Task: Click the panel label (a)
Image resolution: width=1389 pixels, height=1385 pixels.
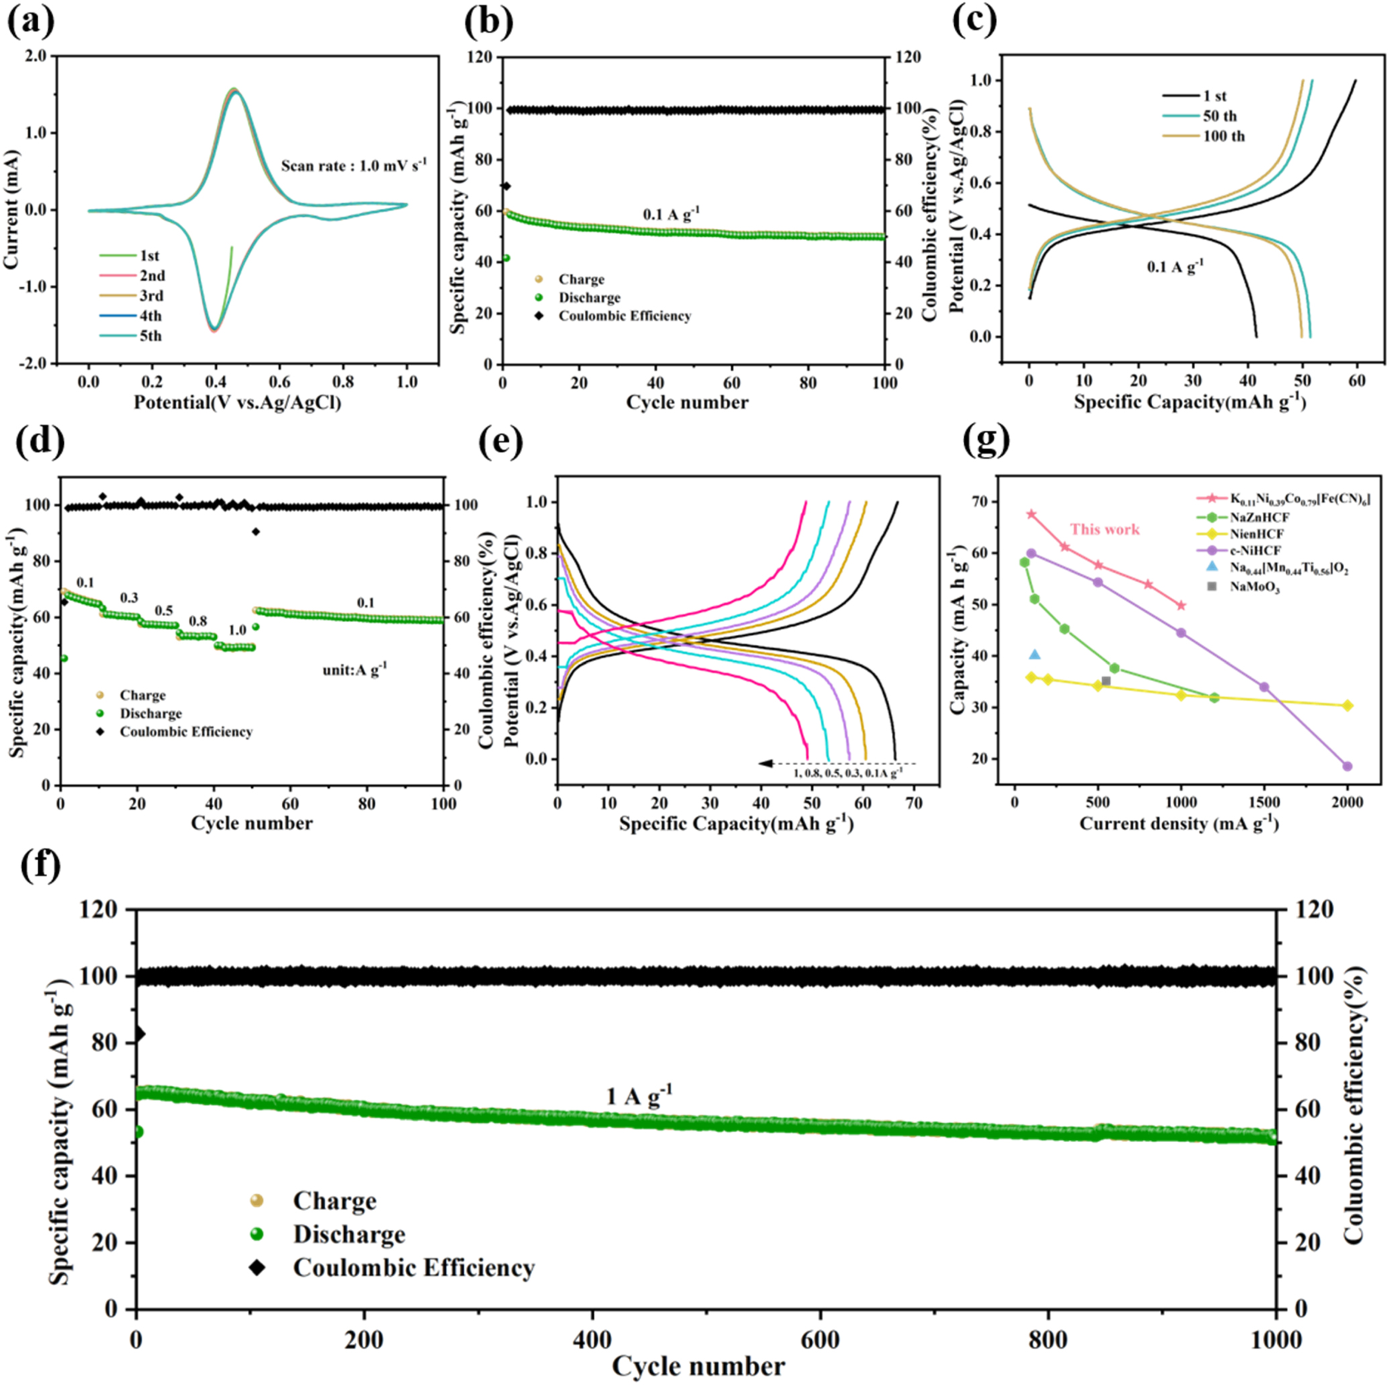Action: coord(30,22)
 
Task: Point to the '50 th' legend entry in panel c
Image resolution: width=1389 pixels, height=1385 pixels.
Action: coord(1219,116)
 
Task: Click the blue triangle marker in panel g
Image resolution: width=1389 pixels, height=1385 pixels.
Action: coord(1035,654)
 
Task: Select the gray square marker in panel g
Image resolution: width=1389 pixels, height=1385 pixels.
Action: coord(1106,681)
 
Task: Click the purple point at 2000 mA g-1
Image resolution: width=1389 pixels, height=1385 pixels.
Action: coord(1347,766)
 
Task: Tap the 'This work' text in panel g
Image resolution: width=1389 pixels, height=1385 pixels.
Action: coord(1105,529)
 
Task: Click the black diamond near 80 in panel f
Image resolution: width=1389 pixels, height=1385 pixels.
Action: coord(139,1034)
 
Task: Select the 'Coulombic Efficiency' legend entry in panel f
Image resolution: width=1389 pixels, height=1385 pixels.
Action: coord(413,1267)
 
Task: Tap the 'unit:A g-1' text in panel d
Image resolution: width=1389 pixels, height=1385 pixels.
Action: coord(354,669)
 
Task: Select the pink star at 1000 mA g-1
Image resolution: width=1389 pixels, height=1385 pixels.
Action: coord(1180,605)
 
